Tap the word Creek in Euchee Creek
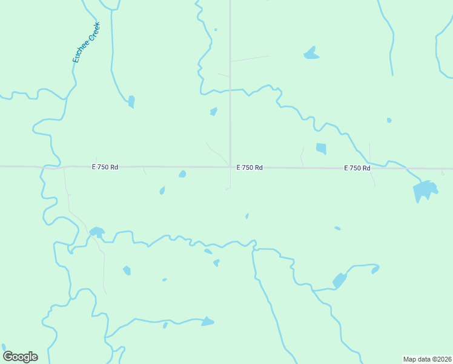click(93, 32)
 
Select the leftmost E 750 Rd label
click(105, 167)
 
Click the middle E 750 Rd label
click(249, 167)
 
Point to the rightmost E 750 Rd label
click(357, 168)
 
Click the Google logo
click(20, 357)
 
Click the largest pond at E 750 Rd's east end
click(425, 191)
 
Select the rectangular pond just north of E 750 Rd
click(321, 149)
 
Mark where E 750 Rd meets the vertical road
click(230, 167)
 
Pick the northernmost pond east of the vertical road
click(311, 53)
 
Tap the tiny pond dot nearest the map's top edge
click(216, 29)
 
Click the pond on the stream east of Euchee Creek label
click(131, 101)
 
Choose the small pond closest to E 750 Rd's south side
click(182, 174)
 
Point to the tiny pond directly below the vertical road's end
click(247, 216)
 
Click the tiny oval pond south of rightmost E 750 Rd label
click(337, 229)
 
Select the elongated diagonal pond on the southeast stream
click(339, 280)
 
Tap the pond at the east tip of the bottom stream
click(207, 322)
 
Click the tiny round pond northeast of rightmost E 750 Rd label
click(389, 120)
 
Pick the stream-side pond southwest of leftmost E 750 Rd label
click(96, 232)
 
